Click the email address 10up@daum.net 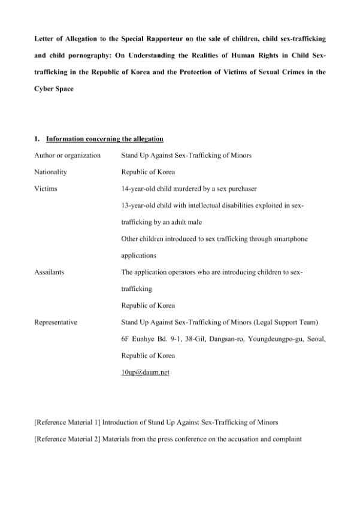[145, 372]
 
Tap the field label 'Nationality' [51, 172]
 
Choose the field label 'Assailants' [50, 272]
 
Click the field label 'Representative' [56, 322]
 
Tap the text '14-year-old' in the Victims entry [137, 189]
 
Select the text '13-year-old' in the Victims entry [137, 205]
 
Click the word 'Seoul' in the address [314, 339]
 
